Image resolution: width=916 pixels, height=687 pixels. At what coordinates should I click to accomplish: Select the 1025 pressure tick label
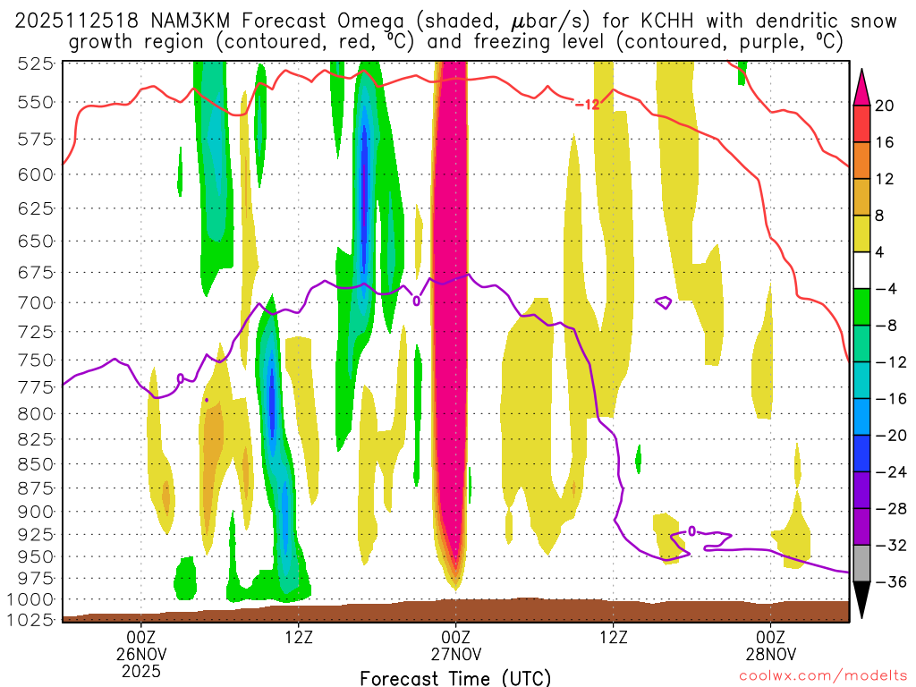click(x=31, y=618)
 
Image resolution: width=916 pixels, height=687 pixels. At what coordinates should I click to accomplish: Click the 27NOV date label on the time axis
click(x=455, y=653)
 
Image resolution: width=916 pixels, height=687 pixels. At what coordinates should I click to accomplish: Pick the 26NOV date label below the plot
click(x=141, y=653)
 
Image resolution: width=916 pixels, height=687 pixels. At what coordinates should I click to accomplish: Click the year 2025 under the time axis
click(x=141, y=670)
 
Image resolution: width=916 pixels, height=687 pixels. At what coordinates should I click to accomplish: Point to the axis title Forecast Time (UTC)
click(x=455, y=677)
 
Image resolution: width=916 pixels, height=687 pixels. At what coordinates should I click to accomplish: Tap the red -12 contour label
click(x=587, y=105)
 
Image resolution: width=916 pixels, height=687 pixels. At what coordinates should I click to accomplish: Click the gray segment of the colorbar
click(x=862, y=564)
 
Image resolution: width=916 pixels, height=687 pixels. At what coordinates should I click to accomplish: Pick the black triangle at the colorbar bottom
click(x=862, y=598)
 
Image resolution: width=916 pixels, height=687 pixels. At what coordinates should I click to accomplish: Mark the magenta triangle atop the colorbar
click(x=862, y=85)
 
